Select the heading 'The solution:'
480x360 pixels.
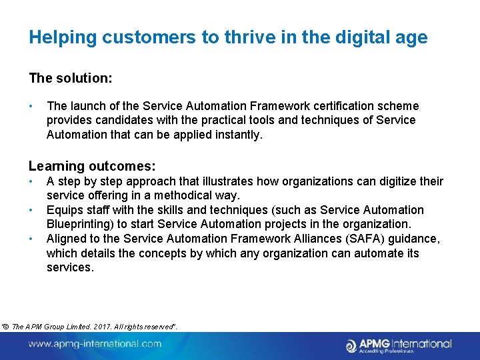(71, 78)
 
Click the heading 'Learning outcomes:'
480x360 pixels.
(92, 166)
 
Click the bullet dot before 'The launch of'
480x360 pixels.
(31, 106)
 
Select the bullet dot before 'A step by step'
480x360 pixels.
(31, 181)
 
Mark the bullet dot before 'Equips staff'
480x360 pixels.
(31, 210)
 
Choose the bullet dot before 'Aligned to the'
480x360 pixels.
(31, 239)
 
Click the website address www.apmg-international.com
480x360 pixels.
(95, 344)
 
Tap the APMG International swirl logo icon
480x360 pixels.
(351, 345)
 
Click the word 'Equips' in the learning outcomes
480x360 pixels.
(64, 210)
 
